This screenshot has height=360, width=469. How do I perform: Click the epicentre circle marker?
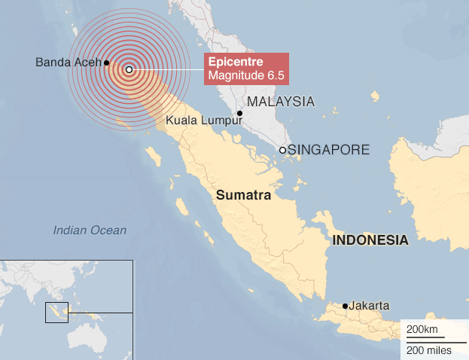coord(129,69)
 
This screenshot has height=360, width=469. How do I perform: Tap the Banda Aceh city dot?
coord(107,63)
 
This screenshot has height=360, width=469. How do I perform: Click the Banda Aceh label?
coord(68,63)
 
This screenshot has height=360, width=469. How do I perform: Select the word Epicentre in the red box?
coord(231,61)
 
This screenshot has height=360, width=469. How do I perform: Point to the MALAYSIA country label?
coord(281,102)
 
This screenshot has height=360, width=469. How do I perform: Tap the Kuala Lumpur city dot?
coord(239,114)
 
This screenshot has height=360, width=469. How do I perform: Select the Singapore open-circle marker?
coord(282,150)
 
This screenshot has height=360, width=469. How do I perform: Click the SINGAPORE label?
coord(328,150)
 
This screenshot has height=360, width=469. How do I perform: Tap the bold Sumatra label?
coord(243,195)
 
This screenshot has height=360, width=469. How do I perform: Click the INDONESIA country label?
coord(370,241)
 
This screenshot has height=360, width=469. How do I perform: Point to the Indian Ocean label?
coord(90,230)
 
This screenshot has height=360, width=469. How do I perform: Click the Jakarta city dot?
coord(345,306)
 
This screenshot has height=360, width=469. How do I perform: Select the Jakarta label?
coord(370,306)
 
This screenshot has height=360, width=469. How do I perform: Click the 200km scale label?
coord(421,331)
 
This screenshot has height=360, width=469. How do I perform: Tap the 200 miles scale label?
coord(428,350)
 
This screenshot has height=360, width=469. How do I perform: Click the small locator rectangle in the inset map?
coord(56,312)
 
